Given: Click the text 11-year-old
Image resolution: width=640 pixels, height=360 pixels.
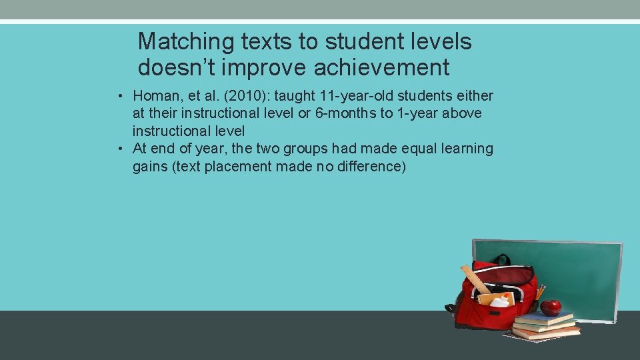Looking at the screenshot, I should [356, 96].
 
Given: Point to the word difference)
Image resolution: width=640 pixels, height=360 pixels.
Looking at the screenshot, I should [370, 166].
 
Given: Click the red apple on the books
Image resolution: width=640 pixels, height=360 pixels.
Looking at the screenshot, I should [551, 307].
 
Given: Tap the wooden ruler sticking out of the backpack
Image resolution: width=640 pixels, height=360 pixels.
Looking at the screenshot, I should [475, 279].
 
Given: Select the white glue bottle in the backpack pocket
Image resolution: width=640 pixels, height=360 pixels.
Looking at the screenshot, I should [501, 301].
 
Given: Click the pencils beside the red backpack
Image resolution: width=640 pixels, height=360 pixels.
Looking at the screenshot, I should [540, 292].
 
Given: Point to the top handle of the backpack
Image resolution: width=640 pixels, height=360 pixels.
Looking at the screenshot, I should [501, 259].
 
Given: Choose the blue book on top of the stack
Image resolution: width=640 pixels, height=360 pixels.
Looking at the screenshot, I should [543, 318].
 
